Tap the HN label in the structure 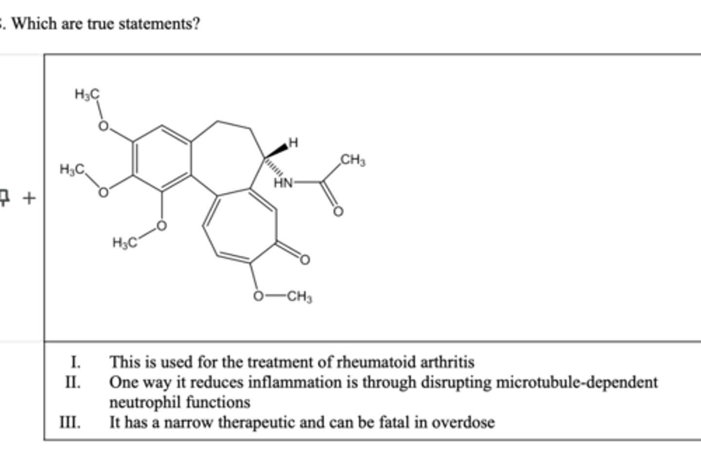tap(283, 183)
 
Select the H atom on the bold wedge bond tap(293, 143)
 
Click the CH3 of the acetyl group tap(352, 160)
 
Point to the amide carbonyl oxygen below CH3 tap(338, 212)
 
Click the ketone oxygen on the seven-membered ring tap(305, 260)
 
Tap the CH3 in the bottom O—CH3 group tap(299, 296)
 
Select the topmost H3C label tap(87, 94)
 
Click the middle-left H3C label tap(72, 169)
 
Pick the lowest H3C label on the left tap(125, 243)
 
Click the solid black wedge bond tap(276, 151)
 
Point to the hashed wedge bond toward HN tap(274, 167)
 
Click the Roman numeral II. tap(73, 382)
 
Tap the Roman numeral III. tap(70, 422)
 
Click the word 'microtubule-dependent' tap(577, 382)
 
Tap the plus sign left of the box tap(29, 198)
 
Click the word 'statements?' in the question tap(159, 24)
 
